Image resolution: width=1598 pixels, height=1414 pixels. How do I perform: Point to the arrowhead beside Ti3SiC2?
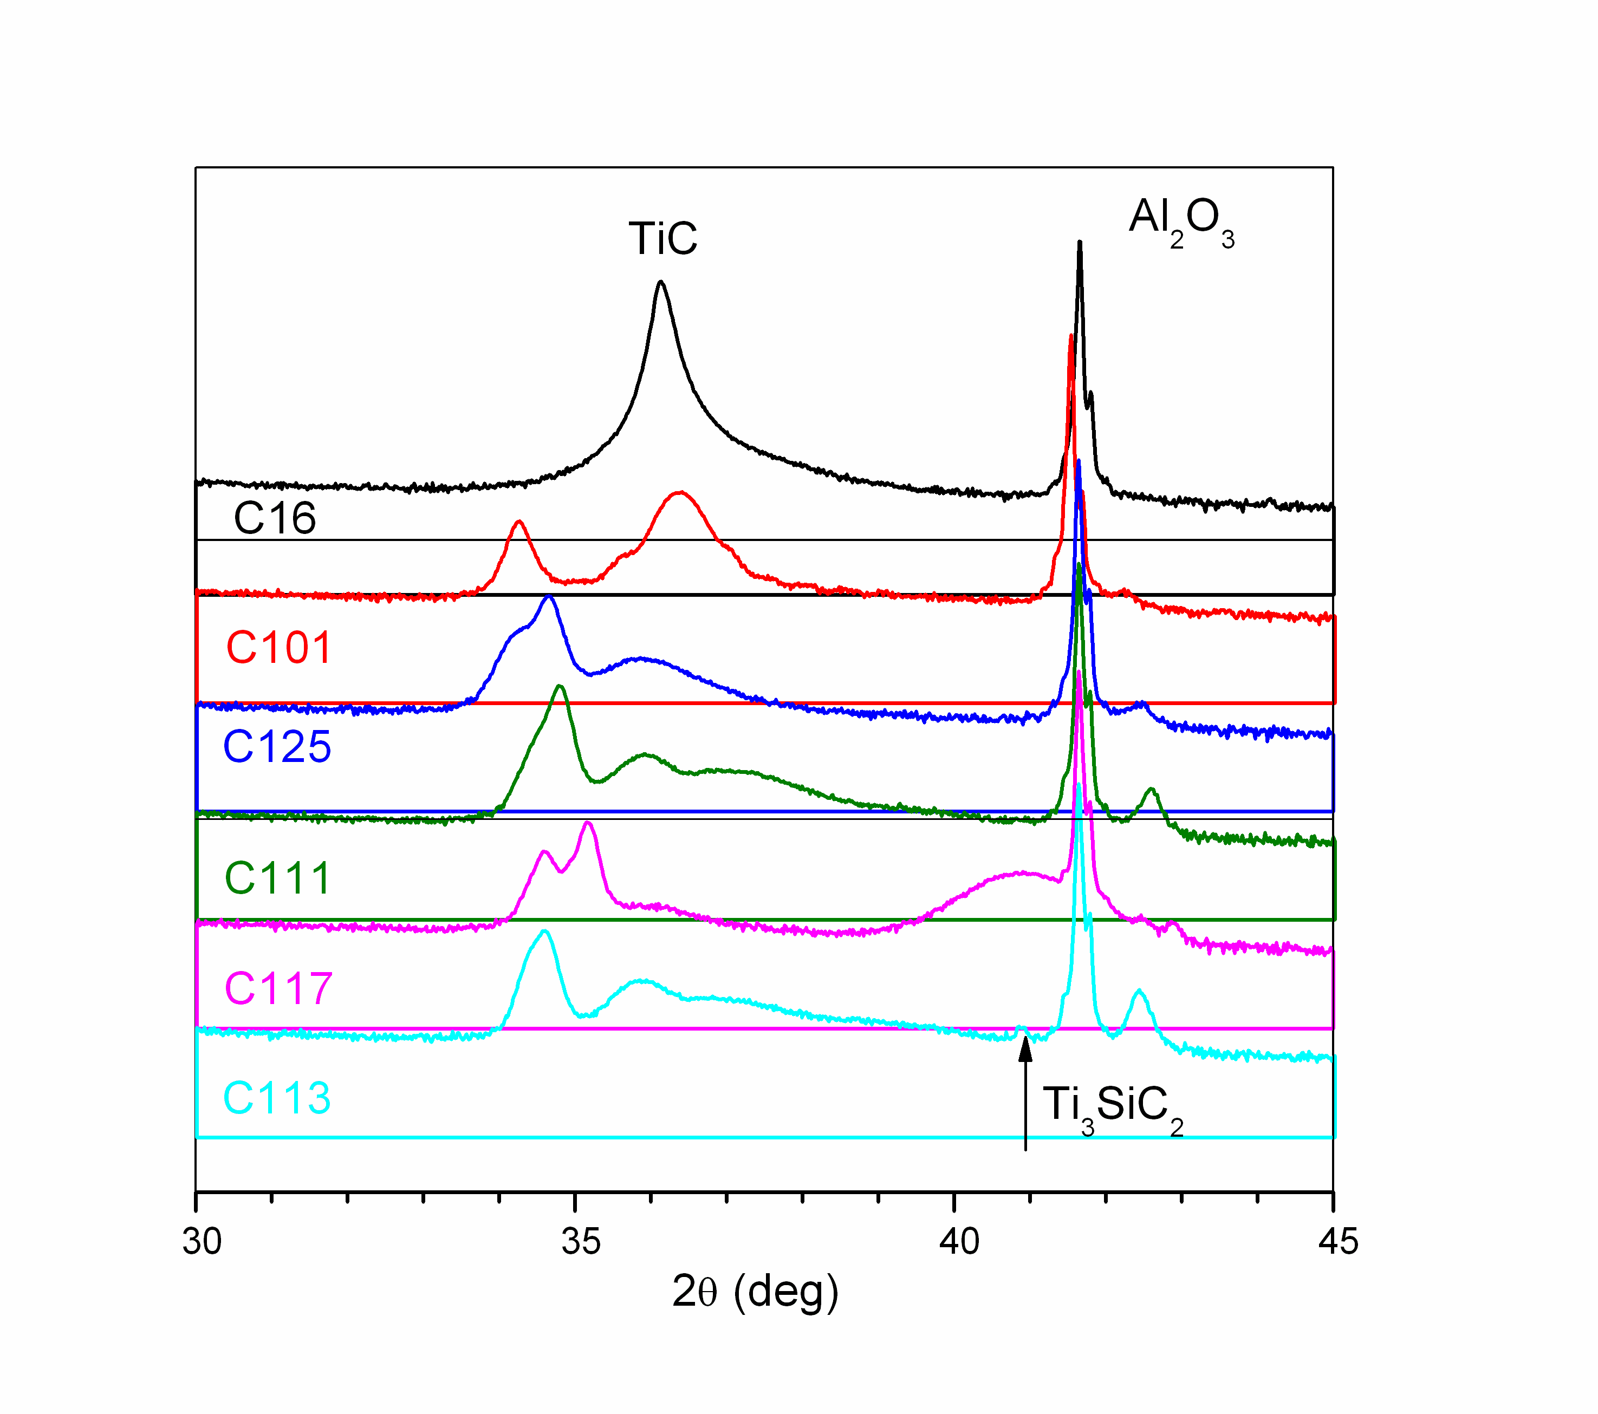[1025, 1047]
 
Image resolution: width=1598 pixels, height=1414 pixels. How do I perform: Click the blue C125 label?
[277, 746]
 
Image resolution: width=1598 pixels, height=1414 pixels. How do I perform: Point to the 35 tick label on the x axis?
[581, 1241]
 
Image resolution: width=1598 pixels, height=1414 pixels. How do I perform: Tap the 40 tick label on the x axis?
[959, 1241]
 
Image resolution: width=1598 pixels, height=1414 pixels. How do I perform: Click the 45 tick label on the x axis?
[1337, 1241]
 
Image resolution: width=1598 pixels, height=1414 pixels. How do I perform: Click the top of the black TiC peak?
[661, 282]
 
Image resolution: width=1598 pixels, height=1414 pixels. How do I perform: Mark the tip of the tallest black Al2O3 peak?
[1080, 242]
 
